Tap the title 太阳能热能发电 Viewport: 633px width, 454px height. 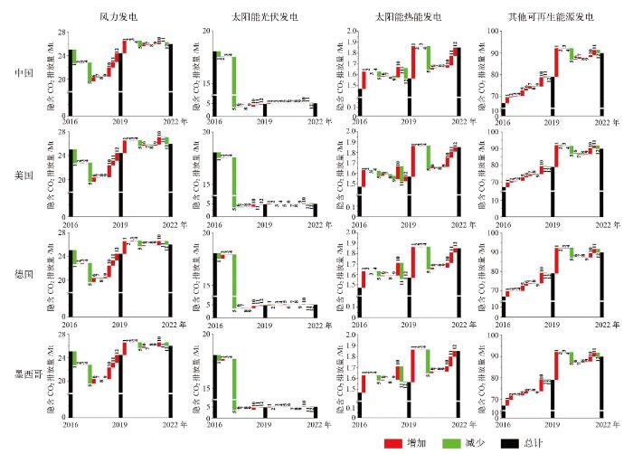[x=408, y=17]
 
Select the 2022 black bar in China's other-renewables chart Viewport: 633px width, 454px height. [x=600, y=85]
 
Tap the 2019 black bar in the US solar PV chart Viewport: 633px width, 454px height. [x=265, y=211]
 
